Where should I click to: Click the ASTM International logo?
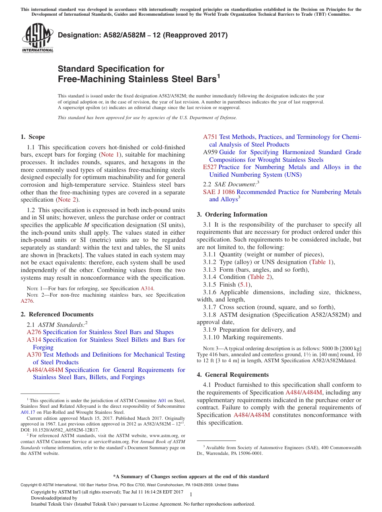tap(37, 38)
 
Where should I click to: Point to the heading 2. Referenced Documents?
tap(57, 314)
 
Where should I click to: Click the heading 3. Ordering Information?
tap(232, 215)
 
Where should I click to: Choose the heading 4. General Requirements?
tap(233, 375)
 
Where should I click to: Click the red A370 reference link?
tap(34, 355)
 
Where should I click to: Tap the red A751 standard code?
tap(210, 137)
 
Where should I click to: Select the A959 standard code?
tap(210, 152)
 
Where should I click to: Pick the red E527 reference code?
tap(210, 167)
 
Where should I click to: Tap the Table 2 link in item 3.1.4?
tap(261, 277)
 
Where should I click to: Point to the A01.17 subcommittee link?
tap(28, 412)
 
